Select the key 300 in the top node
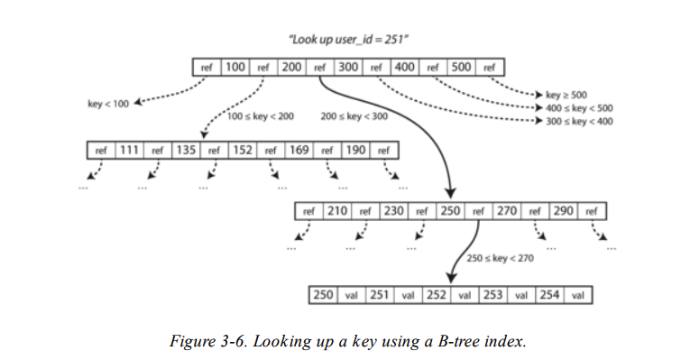coord(348,67)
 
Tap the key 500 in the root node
coord(461,67)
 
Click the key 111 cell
coord(128,150)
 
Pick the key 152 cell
coord(242,150)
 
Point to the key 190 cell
coord(354,150)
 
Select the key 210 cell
coord(337,211)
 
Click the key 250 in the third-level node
coord(450,211)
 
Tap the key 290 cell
coord(563,211)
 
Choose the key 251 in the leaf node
coord(380,295)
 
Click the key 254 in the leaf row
coord(548,295)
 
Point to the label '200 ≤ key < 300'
coord(354,117)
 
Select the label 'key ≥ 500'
coord(566,94)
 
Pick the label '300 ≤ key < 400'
coord(578,120)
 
